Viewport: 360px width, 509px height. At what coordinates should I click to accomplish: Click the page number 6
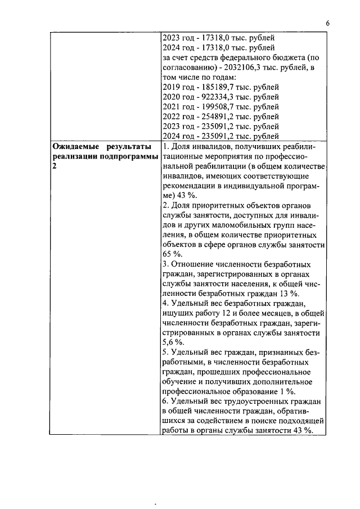tap(327, 24)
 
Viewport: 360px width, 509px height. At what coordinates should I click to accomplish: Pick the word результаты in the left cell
tap(127, 147)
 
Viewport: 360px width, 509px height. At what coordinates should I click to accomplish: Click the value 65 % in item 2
tap(170, 254)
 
